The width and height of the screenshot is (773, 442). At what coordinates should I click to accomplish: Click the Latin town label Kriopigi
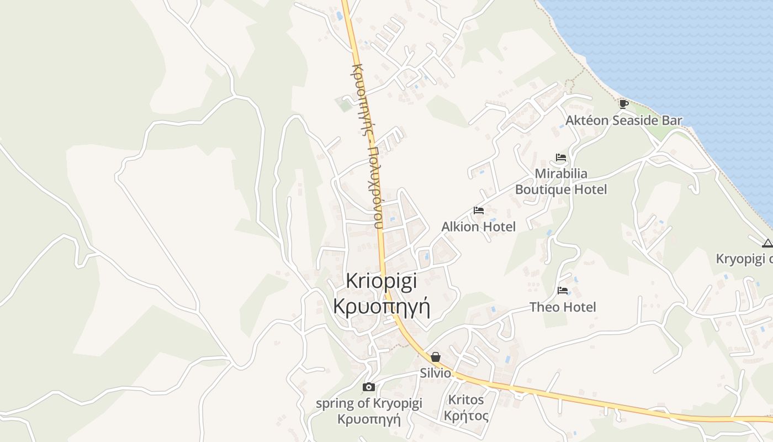(382, 281)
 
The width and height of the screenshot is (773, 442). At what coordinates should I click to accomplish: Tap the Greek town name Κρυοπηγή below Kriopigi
(382, 306)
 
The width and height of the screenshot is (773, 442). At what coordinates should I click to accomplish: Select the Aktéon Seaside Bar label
(623, 120)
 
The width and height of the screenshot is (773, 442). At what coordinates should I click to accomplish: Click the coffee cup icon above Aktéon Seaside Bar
(623, 104)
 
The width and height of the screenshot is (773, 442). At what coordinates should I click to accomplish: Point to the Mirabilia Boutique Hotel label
(561, 182)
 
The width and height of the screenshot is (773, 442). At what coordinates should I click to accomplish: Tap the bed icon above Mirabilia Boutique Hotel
(561, 157)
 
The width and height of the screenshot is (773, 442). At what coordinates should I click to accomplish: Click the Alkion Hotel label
(479, 227)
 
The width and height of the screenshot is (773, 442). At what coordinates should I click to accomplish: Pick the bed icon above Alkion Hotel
(479, 211)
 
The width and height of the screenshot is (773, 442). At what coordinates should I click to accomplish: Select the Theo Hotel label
(563, 307)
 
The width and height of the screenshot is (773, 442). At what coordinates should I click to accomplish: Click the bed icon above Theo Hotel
(563, 290)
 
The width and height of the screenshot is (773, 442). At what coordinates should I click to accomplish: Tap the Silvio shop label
(436, 373)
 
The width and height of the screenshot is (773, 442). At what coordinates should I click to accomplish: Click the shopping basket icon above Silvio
(436, 357)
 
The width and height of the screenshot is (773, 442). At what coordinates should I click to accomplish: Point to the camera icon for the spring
(369, 387)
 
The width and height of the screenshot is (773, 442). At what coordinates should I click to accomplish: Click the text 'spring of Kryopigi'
(369, 403)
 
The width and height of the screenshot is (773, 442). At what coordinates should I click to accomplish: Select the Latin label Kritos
(466, 399)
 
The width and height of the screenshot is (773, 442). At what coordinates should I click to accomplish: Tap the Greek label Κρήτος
(466, 415)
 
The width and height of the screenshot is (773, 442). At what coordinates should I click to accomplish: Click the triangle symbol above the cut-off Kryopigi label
(767, 243)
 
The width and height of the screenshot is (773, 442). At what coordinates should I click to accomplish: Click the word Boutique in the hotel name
(542, 190)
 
